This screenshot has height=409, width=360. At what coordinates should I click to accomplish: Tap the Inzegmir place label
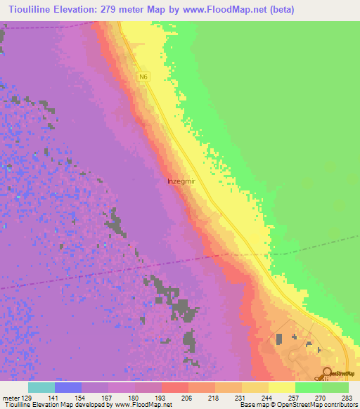point(181,181)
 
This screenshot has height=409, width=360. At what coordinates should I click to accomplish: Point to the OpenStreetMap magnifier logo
point(327,372)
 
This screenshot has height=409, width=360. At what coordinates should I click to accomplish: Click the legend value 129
point(27,398)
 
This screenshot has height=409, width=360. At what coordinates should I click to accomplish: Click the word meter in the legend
point(10,398)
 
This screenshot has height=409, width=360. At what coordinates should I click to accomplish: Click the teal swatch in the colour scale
point(41,387)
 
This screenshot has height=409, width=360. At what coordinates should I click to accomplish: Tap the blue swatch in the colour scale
point(67,387)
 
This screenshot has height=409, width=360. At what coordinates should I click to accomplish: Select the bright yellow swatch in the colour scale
point(281,387)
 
